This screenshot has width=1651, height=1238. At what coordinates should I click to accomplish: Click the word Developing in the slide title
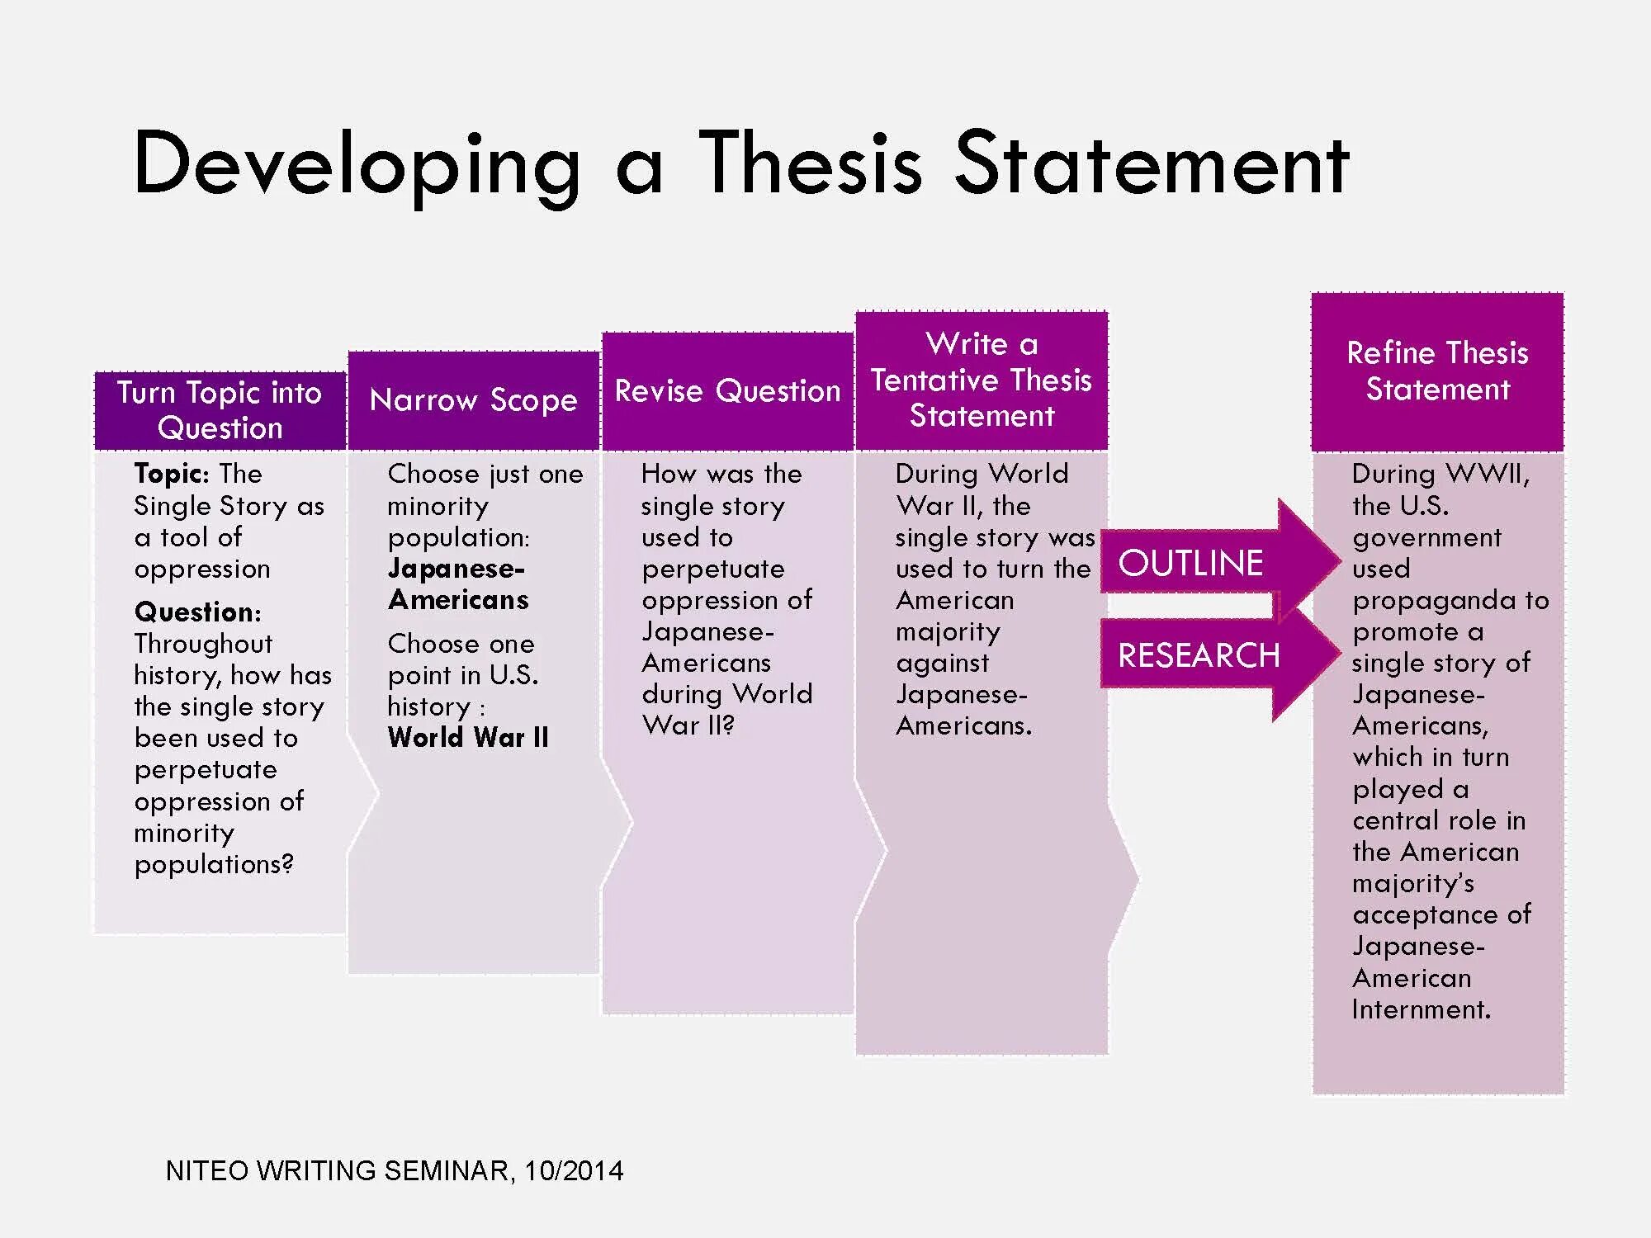point(357,165)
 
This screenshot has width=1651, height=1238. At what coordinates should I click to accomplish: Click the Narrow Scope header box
point(473,400)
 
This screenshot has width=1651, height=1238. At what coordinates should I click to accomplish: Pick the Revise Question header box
point(727,391)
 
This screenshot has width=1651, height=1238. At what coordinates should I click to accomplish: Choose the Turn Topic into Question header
point(220,410)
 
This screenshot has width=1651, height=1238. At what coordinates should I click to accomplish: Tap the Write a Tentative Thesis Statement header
point(982,380)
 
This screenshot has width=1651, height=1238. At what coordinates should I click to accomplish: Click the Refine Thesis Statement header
point(1437,371)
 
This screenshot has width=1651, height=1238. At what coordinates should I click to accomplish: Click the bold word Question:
point(197,612)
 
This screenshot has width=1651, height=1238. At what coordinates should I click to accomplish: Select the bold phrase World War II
point(468,738)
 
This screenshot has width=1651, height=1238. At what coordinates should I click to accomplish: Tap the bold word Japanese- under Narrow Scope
point(456,569)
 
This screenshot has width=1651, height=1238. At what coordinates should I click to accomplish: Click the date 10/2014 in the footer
point(574,1171)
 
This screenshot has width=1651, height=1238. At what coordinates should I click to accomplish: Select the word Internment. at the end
point(1421,1009)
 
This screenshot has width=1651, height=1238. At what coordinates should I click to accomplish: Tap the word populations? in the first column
point(214,865)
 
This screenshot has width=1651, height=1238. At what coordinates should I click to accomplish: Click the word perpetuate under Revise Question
point(713,569)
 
